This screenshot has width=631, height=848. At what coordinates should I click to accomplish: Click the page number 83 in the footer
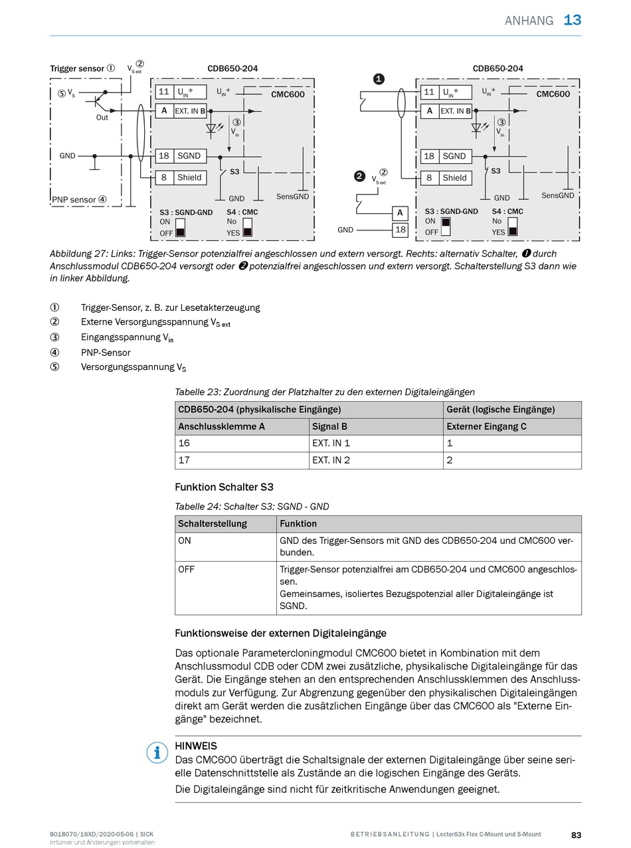[x=576, y=835]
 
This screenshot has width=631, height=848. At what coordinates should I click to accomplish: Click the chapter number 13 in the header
[x=572, y=20]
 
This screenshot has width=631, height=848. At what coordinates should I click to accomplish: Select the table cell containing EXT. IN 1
[x=375, y=443]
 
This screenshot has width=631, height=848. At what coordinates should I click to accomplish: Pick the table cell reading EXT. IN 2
[x=375, y=460]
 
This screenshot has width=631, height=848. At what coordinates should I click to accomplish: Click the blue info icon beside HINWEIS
[x=157, y=752]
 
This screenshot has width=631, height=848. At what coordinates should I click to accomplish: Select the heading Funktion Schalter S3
[x=224, y=487]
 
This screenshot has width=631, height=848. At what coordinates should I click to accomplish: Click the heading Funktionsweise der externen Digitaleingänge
[x=280, y=633]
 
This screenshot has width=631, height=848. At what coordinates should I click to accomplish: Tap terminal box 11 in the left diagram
[x=163, y=92]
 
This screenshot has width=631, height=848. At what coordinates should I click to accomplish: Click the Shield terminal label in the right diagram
[x=454, y=177]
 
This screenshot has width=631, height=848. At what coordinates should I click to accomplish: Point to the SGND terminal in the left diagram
[x=189, y=156]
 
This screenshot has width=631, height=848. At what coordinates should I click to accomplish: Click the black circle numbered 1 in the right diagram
[x=379, y=79]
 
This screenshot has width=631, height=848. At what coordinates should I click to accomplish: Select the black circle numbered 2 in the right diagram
[x=359, y=176]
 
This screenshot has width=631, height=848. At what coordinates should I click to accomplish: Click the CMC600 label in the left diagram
[x=288, y=94]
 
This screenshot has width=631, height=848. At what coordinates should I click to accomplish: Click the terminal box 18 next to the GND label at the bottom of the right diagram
[x=400, y=230]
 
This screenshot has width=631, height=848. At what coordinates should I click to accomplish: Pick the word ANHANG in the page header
[x=529, y=21]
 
